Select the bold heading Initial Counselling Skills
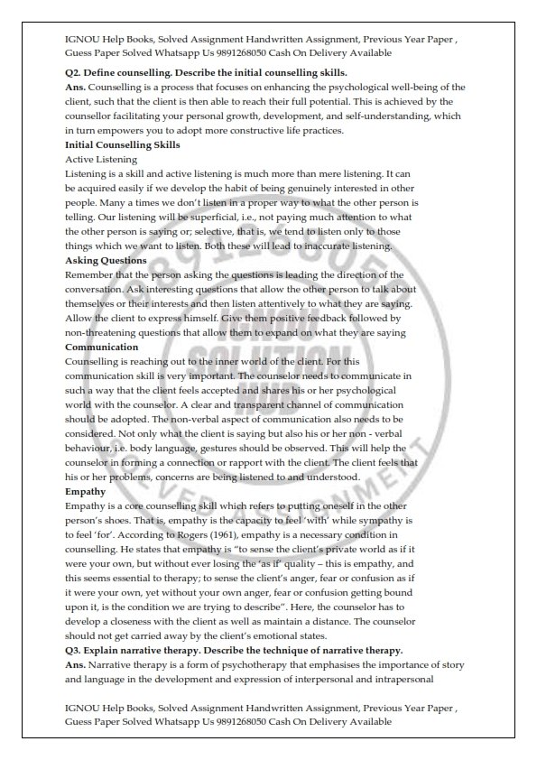pyautogui.click(x=123, y=144)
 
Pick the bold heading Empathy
pyautogui.click(x=86, y=492)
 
